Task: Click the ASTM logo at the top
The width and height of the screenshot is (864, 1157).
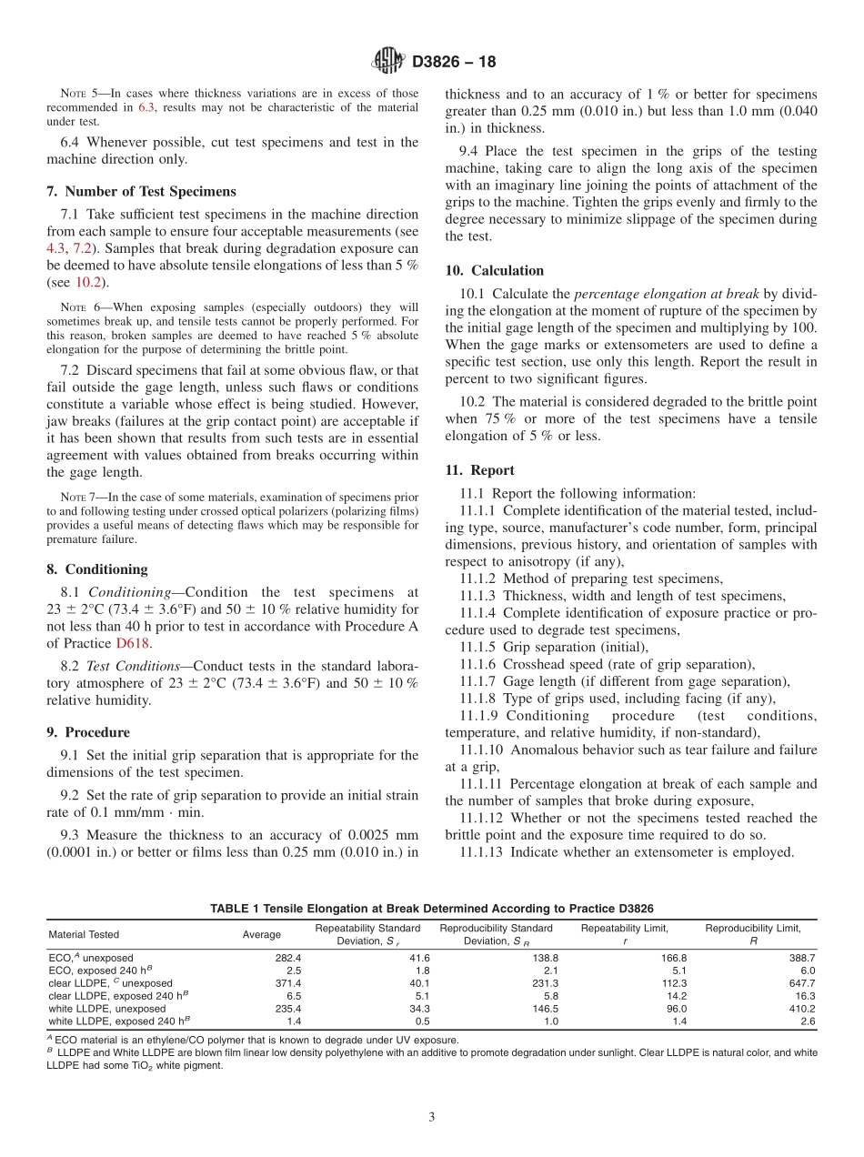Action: (388, 62)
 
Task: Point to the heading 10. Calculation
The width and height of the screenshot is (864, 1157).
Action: (494, 270)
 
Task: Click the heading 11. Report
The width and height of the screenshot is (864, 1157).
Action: (479, 470)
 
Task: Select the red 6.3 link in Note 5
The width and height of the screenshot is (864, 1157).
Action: (146, 107)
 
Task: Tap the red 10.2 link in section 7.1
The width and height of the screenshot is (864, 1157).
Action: (88, 282)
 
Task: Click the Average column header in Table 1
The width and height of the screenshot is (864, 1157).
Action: (262, 934)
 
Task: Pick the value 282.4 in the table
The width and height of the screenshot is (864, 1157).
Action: (287, 958)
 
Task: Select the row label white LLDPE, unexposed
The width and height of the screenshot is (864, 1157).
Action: (107, 1009)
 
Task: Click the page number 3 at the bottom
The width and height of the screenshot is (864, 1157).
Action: (432, 1117)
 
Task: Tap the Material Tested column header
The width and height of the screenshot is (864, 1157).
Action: (84, 934)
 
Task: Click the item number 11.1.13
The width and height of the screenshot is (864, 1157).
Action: (482, 852)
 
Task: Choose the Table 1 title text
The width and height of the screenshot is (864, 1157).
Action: (431, 909)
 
